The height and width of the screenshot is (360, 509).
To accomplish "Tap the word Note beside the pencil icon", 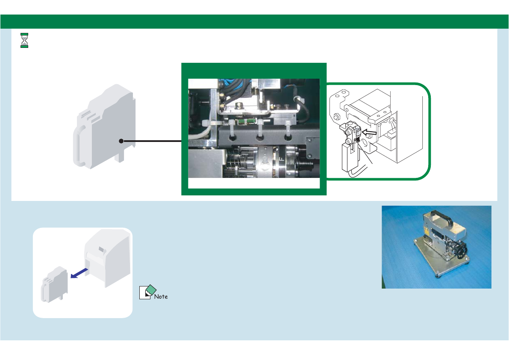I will coord(161,296).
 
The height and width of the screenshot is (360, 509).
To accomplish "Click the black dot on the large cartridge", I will coord(121,140).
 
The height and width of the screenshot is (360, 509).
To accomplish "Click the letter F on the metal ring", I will coord(281,158).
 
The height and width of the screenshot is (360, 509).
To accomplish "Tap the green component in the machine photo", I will coord(244,121).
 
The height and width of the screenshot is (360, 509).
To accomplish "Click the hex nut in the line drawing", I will coord(337,117).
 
